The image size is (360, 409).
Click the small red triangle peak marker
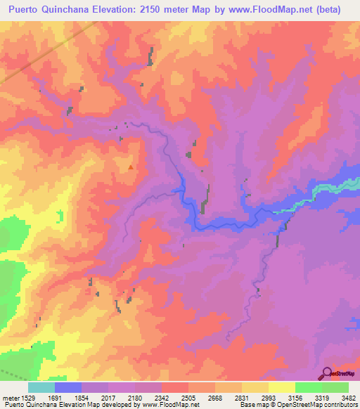[130, 167]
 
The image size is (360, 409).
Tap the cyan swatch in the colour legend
[41, 387]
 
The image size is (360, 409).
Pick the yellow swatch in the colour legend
[281, 387]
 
